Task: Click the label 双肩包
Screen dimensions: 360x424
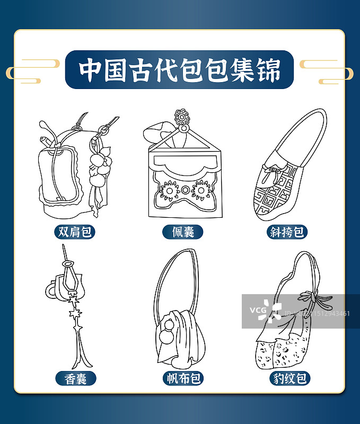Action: click(75, 232)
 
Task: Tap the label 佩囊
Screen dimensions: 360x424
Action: click(183, 232)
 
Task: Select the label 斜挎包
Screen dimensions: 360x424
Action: click(287, 232)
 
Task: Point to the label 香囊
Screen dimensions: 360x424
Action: click(76, 378)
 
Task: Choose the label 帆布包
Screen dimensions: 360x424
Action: click(183, 378)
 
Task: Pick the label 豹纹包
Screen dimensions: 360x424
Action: click(289, 378)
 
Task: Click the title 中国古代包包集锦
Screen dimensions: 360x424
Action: click(179, 69)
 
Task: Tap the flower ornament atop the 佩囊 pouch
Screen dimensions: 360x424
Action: click(182, 117)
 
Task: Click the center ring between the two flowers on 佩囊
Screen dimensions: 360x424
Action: click(185, 190)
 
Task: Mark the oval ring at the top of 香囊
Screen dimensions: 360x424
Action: click(68, 263)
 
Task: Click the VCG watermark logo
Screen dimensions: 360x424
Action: click(266, 311)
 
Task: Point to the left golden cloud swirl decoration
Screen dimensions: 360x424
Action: click(32, 71)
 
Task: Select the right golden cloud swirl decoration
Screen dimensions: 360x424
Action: click(327, 72)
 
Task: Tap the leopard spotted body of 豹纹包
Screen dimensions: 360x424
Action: click(282, 351)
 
